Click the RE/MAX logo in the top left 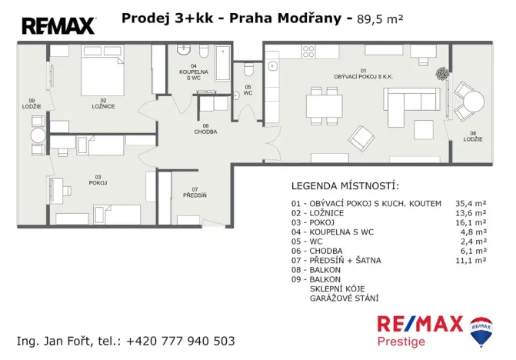tap(58, 26)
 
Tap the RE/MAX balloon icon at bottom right tap(482, 328)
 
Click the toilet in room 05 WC tap(248, 71)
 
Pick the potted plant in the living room tap(442, 75)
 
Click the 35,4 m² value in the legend tap(470, 203)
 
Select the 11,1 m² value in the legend tap(470, 261)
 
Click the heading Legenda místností tap(345, 186)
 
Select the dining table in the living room tap(322, 105)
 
